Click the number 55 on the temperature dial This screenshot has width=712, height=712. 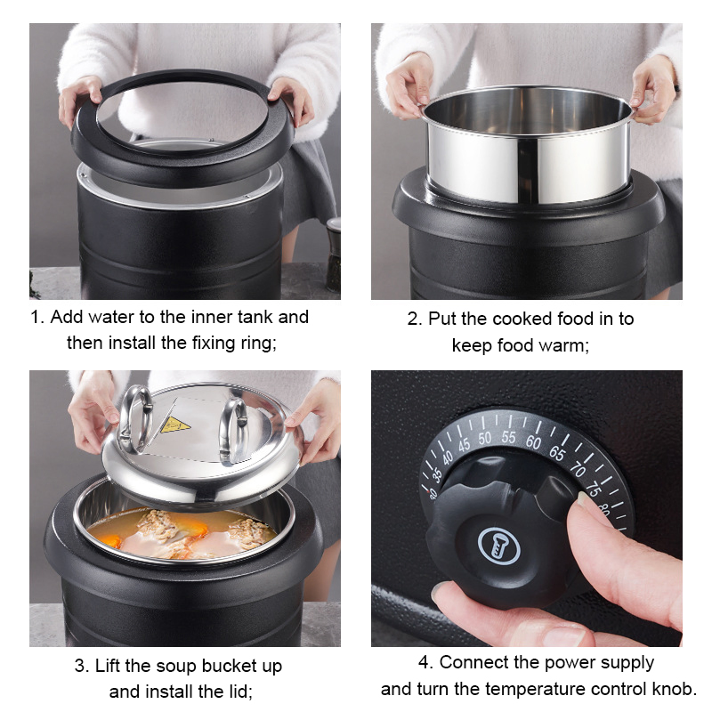[x=508, y=437]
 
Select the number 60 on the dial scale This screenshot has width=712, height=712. [x=533, y=441]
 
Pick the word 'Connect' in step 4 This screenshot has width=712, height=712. [x=473, y=663]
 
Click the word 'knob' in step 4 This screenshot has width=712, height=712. [x=673, y=689]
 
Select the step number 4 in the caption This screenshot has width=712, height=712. [x=424, y=663]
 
